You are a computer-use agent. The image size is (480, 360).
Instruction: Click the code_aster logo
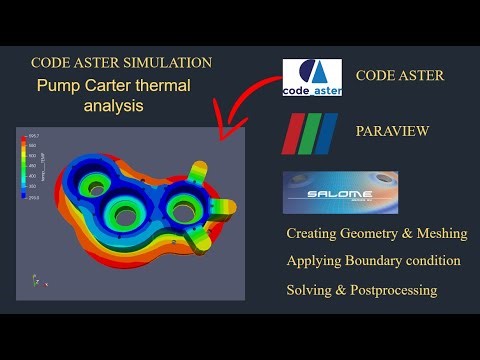[x=312, y=77]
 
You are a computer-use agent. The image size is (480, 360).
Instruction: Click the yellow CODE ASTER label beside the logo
[x=400, y=75]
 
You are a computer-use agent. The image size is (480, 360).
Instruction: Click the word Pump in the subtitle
[x=59, y=85]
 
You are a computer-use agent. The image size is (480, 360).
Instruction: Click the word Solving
[x=313, y=289]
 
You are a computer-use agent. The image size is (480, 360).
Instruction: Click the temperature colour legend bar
[x=25, y=167]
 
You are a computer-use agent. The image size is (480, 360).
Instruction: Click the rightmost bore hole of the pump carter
[x=184, y=208]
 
